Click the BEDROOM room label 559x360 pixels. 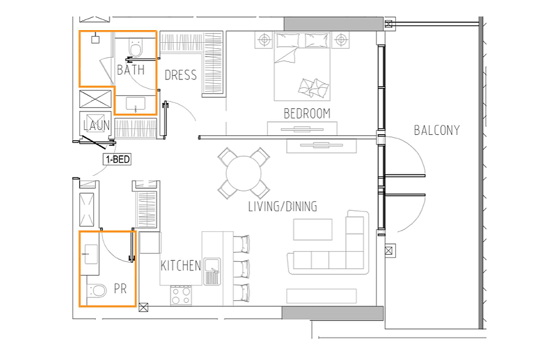(307, 114)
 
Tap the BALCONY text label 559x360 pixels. (437, 131)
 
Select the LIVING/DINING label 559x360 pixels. (283, 206)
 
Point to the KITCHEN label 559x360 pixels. (181, 266)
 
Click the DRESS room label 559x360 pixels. (181, 75)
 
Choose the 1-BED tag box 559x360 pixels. (117, 159)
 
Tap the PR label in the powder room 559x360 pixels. (120, 289)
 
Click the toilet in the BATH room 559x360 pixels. (136, 48)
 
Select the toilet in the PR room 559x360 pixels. (96, 291)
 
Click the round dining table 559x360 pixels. (244, 173)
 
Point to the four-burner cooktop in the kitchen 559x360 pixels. (181, 296)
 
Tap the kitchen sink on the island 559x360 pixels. (212, 272)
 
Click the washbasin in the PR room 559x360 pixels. (91, 254)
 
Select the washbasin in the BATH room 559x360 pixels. (136, 104)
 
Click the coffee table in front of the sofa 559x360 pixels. (313, 229)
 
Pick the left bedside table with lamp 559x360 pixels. (264, 40)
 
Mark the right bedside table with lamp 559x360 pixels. (341, 40)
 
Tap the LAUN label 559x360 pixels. (96, 125)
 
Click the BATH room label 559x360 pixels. (131, 70)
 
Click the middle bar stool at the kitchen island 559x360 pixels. (242, 268)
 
